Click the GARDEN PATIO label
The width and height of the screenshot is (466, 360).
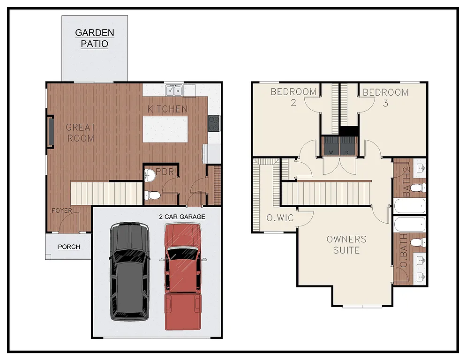[95, 38]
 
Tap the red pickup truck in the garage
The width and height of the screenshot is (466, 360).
[182, 276]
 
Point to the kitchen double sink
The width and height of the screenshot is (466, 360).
[174, 90]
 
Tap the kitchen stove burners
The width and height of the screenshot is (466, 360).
[214, 123]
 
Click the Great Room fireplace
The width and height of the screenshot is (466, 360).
[50, 132]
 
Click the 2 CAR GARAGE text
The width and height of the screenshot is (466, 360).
[181, 217]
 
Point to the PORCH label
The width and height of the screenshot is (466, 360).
[69, 247]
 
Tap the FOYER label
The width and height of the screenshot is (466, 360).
[62, 210]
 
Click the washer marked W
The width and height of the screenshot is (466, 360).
[331, 147]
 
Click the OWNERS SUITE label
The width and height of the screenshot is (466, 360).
[346, 245]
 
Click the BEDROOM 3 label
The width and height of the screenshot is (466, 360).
[385, 97]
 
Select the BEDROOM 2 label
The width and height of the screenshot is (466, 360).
[293, 97]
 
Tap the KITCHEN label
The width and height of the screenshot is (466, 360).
[167, 109]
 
